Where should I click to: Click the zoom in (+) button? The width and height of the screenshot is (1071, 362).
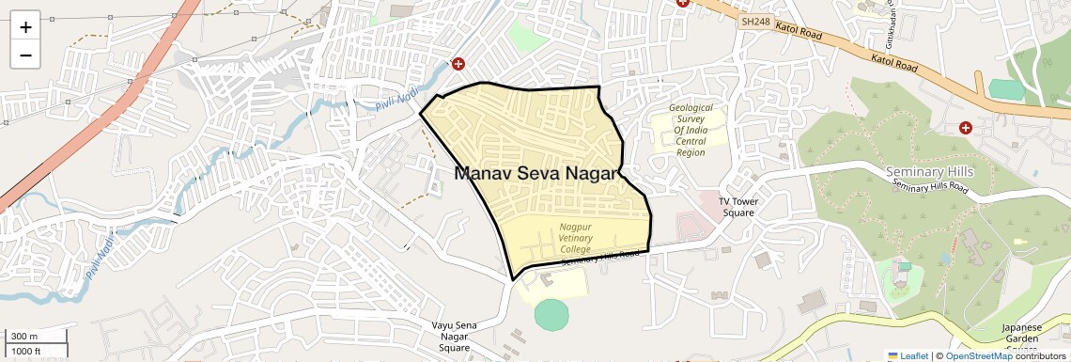[25, 27]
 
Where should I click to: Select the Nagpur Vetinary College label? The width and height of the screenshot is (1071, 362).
[576, 238]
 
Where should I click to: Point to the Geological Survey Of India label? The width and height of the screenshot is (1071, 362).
[691, 130]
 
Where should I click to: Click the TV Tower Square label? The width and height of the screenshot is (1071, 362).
[737, 207]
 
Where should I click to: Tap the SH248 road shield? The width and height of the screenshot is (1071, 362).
[753, 21]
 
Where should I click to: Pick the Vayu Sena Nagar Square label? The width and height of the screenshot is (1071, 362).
[455, 337]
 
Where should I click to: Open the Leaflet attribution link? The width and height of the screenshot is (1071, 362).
[908, 355]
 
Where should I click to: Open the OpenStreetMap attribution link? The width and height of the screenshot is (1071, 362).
[979, 355]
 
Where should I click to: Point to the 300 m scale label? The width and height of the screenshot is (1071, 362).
[25, 337]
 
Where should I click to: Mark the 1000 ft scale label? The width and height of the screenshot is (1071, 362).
[27, 352]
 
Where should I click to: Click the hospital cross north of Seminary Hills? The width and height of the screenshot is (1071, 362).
[965, 127]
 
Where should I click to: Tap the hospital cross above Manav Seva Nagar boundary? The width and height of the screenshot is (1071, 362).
[458, 64]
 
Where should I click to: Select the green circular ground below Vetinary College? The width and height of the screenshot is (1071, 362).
[551, 313]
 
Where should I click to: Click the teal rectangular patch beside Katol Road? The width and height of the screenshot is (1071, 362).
[1005, 88]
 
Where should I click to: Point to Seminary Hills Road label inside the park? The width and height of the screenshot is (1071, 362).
[929, 187]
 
